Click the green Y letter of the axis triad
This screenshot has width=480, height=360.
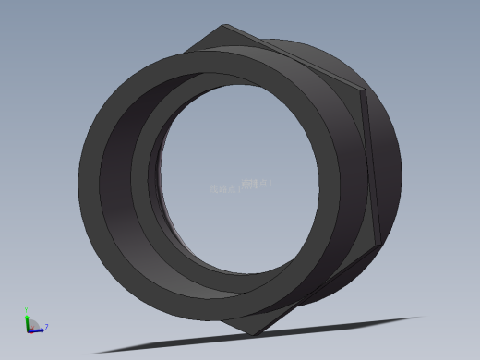(27, 311)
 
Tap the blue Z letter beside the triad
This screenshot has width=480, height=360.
(46, 327)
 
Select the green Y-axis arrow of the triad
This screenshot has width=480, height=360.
(28, 319)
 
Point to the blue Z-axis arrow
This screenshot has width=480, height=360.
(38, 330)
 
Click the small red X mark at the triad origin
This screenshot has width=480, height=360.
(30, 330)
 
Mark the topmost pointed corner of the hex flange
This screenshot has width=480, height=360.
(224, 26)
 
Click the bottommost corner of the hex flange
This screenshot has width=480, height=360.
(254, 334)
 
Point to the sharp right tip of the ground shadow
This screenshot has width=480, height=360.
(421, 318)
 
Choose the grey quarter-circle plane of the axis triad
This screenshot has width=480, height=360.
(33, 324)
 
